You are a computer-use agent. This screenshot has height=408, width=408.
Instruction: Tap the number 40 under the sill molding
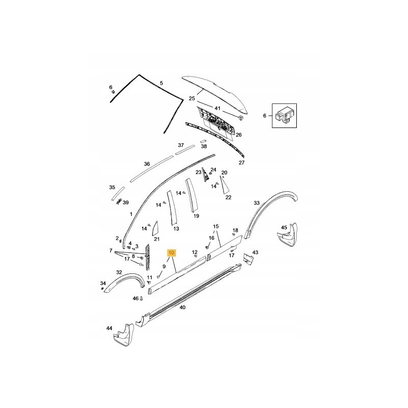pos(183,308)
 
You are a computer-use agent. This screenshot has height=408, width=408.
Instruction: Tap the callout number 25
pos(192,98)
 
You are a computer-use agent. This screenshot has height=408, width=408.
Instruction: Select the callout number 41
pos(217,108)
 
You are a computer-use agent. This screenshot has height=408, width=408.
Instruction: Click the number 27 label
pos(242,163)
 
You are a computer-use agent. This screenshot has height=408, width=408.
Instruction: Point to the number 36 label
pos(147,164)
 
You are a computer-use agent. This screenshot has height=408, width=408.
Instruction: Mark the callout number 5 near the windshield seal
pos(161,83)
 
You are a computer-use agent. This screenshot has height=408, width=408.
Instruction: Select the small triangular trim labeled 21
pos(154,227)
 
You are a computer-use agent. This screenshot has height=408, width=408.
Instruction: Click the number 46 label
pos(135,298)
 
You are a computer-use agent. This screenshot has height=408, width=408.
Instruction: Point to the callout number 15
pos(216,226)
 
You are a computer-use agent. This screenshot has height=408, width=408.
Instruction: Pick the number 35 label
pos(112,187)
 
